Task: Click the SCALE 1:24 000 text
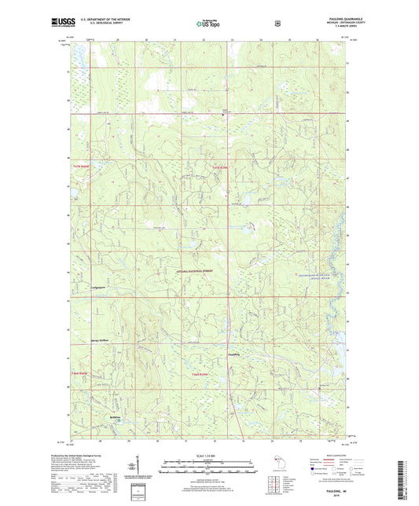[x=208, y=455]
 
